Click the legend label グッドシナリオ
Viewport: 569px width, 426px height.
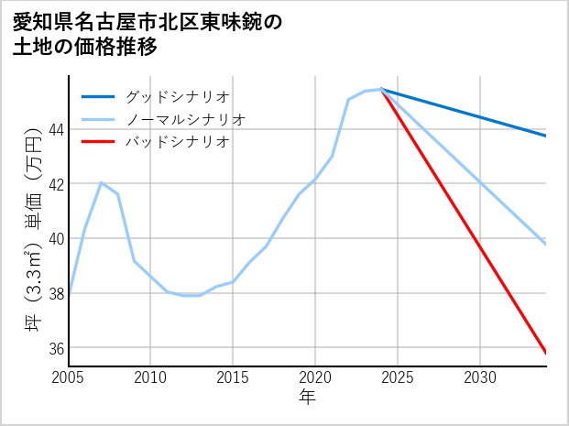(177, 96)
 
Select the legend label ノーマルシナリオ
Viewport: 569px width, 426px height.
(185, 119)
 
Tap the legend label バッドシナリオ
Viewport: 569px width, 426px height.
(177, 142)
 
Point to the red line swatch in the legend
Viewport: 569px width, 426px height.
(98, 142)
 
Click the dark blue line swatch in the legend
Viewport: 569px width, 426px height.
(98, 96)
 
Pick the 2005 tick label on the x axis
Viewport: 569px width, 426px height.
(69, 377)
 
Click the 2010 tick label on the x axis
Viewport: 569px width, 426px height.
(151, 377)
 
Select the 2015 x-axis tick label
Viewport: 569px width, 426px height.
(233, 377)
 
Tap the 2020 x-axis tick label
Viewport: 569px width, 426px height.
(315, 377)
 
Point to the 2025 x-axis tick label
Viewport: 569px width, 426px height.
(398, 377)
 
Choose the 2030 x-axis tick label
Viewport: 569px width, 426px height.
(480, 377)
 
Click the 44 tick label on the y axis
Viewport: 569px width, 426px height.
(55, 129)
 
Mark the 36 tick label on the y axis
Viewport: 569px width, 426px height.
(55, 348)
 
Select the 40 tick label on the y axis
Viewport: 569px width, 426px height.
(55, 238)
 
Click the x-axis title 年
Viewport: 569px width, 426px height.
(307, 398)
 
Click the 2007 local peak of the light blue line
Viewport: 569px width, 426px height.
(102, 182)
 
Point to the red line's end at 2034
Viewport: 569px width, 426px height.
(546, 353)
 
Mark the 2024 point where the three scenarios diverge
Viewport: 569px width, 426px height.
(381, 89)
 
